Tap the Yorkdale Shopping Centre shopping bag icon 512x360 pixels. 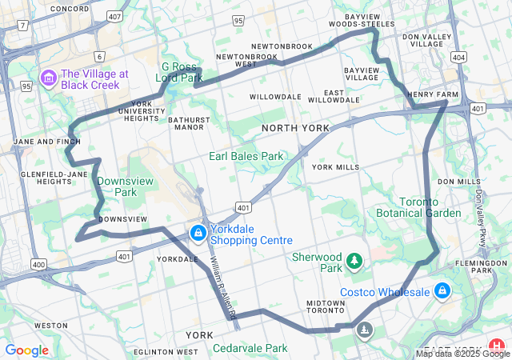pyautogui.click(x=198, y=233)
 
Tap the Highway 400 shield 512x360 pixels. pyautogui.click(x=38, y=264)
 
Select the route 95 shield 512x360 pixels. pyautogui.click(x=26, y=86)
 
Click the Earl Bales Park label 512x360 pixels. pyautogui.click(x=246, y=156)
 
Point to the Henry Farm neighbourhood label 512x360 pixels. pyautogui.click(x=432, y=94)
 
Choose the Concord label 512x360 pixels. pyautogui.click(x=70, y=9)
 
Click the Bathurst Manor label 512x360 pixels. pyautogui.click(x=187, y=122)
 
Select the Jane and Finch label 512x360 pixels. pyautogui.click(x=47, y=142)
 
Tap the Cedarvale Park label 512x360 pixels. pyautogui.click(x=250, y=348)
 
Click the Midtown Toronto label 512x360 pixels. pyautogui.click(x=326, y=306)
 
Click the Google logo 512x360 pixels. pyautogui.click(x=26, y=350)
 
